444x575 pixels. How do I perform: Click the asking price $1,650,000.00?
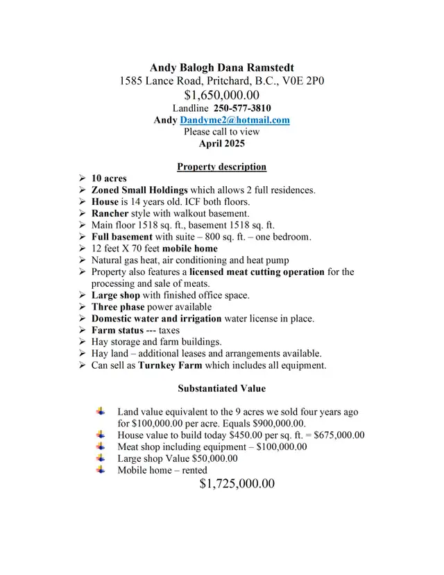pyautogui.click(x=221, y=94)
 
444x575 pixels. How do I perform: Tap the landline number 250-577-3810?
pyautogui.click(x=242, y=108)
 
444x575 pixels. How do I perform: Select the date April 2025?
pyautogui.click(x=221, y=144)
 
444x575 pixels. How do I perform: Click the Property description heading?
pyautogui.click(x=221, y=167)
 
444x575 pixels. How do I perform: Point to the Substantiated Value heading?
pyautogui.click(x=221, y=389)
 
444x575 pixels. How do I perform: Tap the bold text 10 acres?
pyautogui.click(x=109, y=178)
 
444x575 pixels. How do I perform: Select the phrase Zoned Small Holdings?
pyautogui.click(x=139, y=190)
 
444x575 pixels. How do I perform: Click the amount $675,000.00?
pyautogui.click(x=339, y=435)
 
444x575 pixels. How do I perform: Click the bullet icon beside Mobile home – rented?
pyautogui.click(x=101, y=470)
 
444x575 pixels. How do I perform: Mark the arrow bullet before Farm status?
pyautogui.click(x=82, y=331)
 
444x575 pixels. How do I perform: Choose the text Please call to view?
pyautogui.click(x=221, y=132)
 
